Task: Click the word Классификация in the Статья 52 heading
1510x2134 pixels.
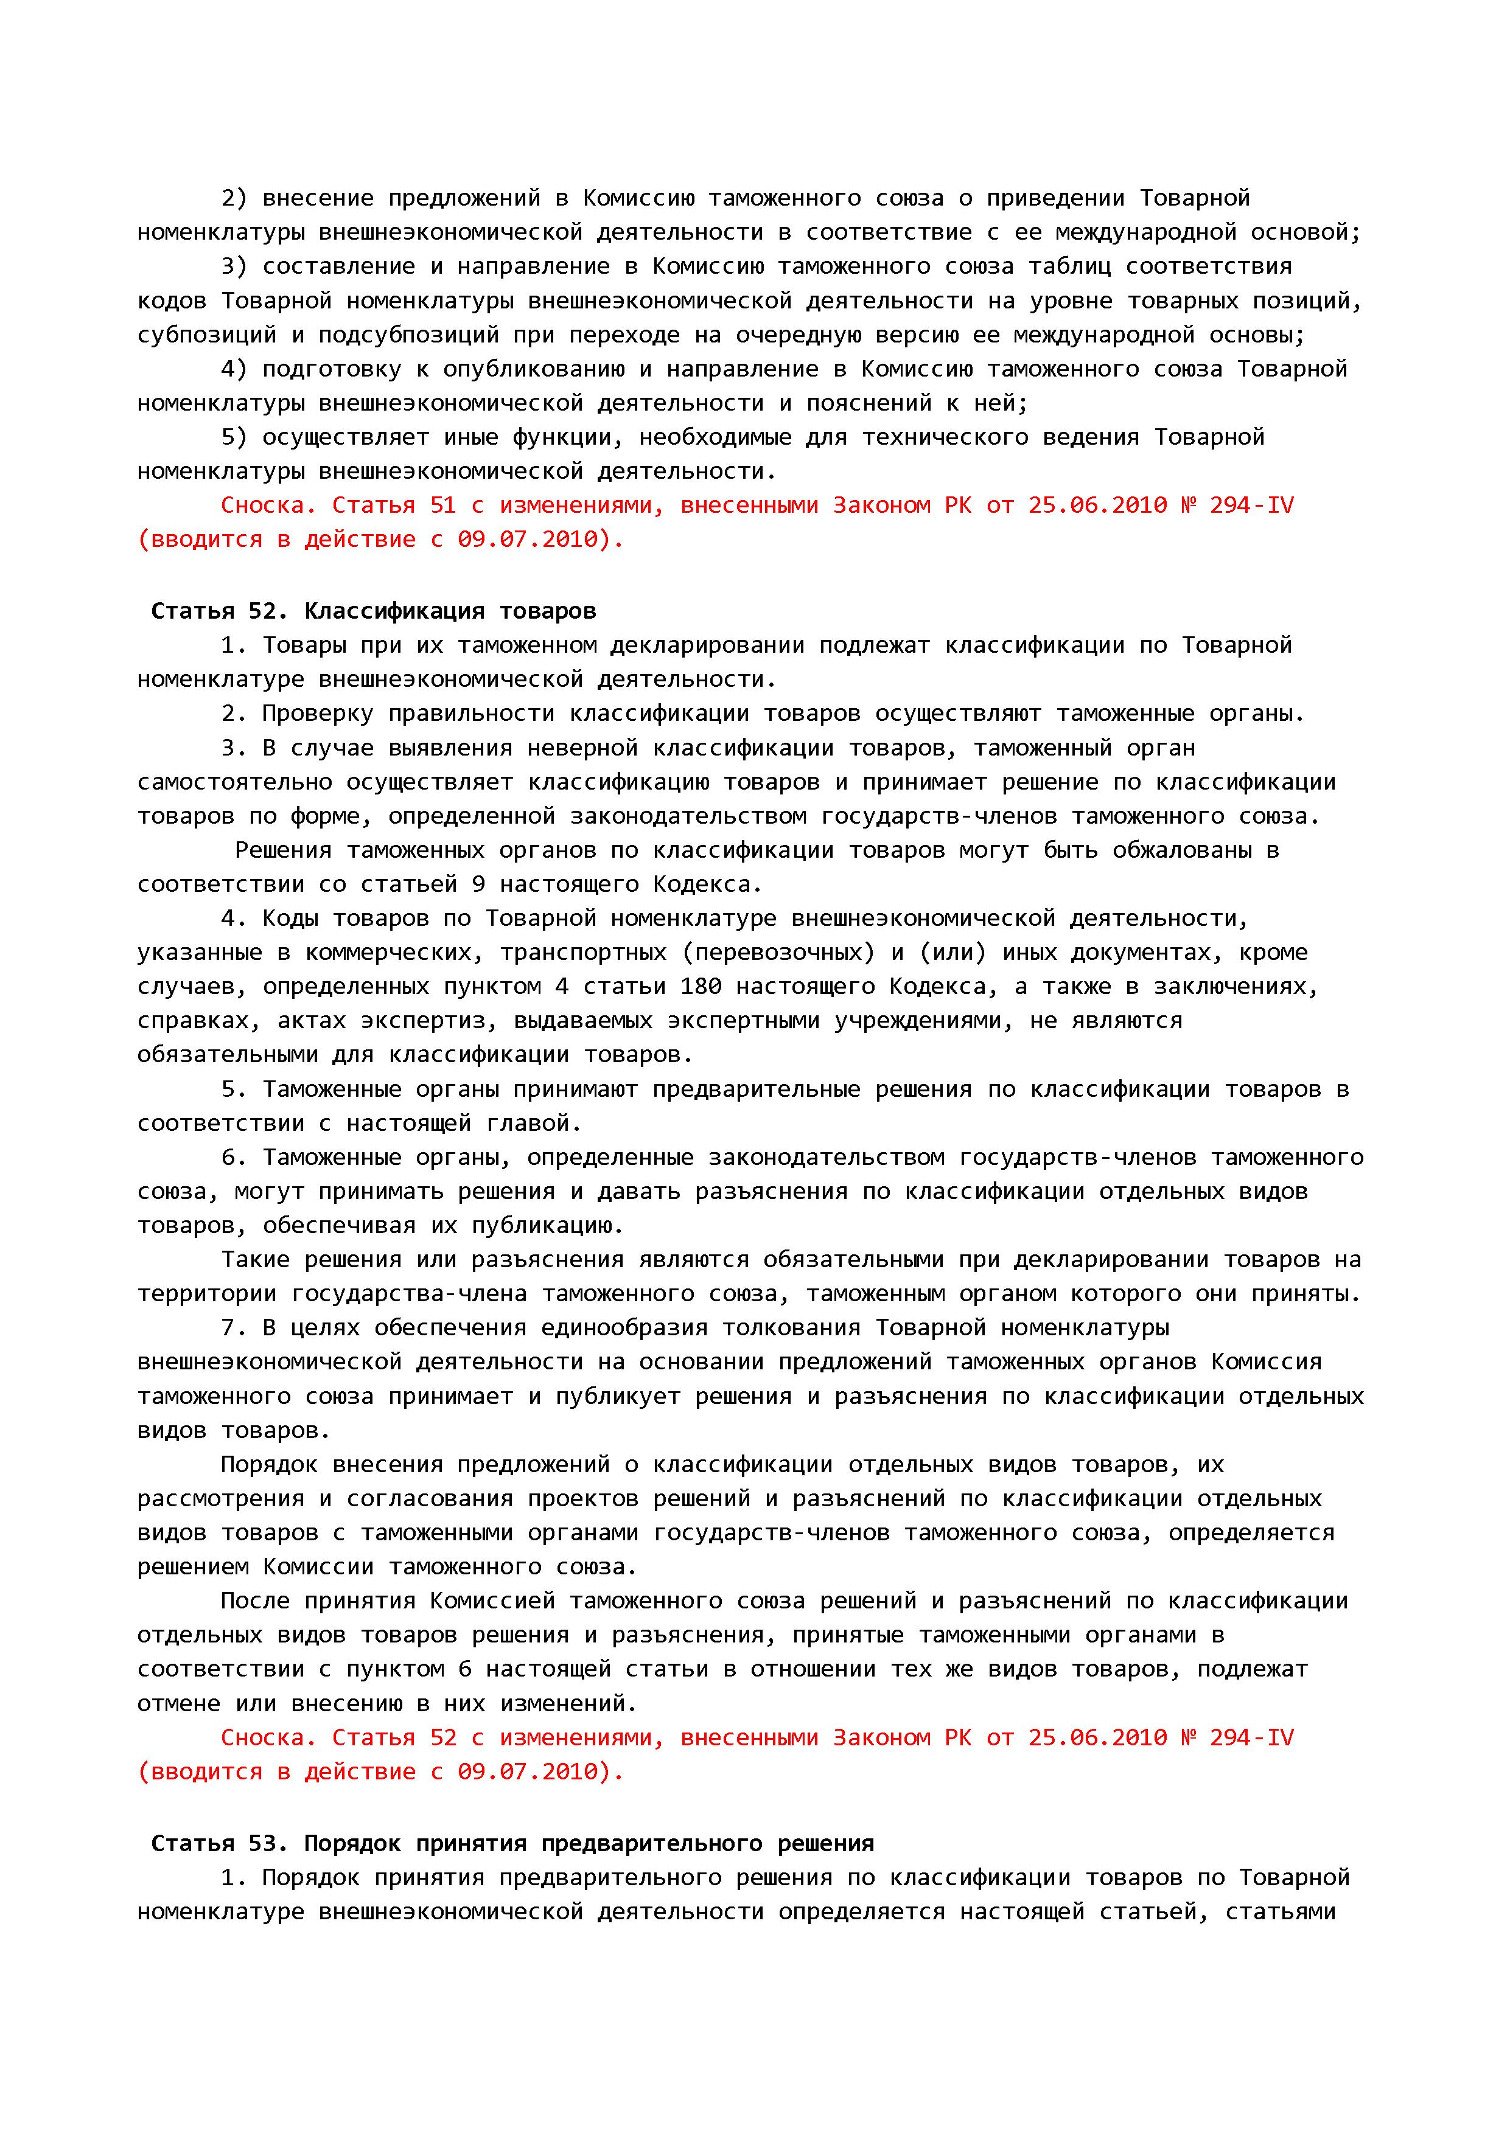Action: [x=394, y=611]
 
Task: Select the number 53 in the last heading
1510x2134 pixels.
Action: [x=269, y=1843]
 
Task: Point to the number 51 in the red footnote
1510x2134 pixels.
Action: [x=442, y=505]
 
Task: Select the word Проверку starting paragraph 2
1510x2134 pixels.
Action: [x=317, y=714]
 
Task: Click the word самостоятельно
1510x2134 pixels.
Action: [x=234, y=782]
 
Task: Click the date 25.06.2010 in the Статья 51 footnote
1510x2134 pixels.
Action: [x=1097, y=505]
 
